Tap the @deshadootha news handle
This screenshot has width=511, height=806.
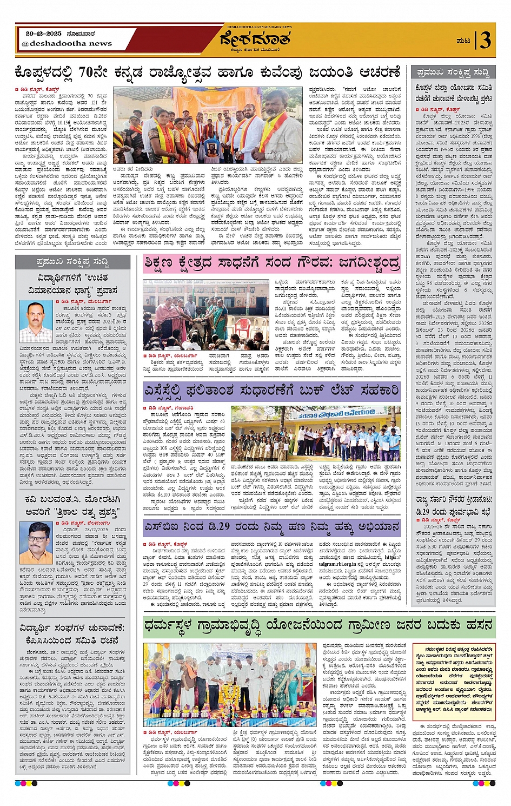point(67,43)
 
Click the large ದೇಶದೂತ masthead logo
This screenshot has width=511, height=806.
point(255,39)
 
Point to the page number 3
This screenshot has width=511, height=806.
point(486,40)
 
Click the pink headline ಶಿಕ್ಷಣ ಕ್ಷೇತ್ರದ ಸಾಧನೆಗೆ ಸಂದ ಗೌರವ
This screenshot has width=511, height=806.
point(272,263)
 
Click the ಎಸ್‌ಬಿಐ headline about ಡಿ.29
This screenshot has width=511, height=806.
point(272,527)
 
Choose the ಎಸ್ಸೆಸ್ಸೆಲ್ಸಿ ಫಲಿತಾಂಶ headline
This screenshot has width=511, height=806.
point(272,391)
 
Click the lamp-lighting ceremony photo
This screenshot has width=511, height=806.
point(216,684)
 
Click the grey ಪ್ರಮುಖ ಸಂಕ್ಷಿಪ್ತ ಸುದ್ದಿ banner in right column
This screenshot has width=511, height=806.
point(453,72)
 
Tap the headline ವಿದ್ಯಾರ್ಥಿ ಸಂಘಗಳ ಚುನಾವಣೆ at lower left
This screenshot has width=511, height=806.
point(72,634)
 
